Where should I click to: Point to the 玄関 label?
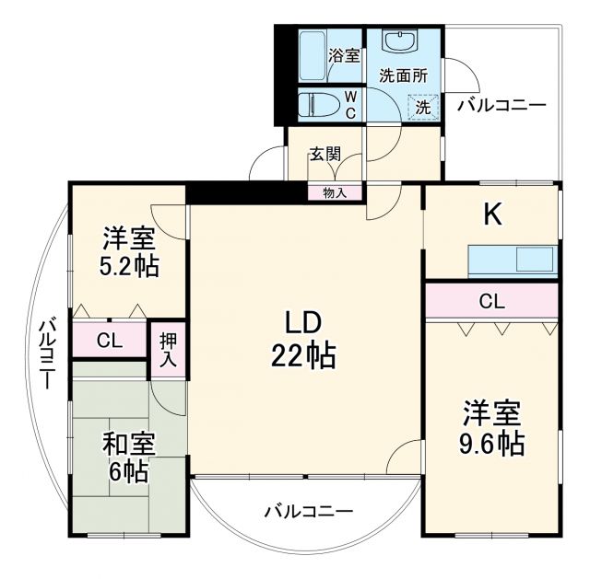pos(323,153)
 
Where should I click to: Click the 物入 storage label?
pos(335,192)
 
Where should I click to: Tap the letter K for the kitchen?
pos(493,214)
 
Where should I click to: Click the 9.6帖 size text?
pos(491,444)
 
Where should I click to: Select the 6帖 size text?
pos(128,472)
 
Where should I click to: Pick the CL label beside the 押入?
pos(109,341)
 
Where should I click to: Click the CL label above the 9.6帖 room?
pos(491,300)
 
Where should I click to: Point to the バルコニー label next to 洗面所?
pos(501,105)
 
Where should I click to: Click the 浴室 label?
pos(345,55)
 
